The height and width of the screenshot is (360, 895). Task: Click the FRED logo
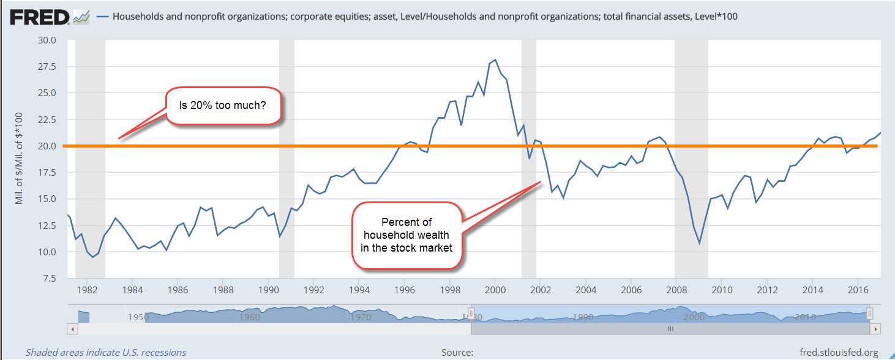(x=39, y=17)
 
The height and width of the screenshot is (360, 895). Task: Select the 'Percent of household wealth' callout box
(x=407, y=235)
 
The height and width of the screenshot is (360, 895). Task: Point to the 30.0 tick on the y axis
(x=47, y=40)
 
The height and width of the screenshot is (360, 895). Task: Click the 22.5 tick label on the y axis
(x=47, y=120)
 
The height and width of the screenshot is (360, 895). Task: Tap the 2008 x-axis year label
(x=676, y=290)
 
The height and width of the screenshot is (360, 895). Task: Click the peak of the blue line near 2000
(x=495, y=59)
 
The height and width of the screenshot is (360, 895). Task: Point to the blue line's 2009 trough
(x=699, y=243)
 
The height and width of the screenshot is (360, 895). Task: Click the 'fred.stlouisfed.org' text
(x=839, y=353)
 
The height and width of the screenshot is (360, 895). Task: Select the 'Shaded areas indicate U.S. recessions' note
(x=106, y=353)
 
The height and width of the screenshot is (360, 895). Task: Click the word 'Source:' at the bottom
(x=457, y=353)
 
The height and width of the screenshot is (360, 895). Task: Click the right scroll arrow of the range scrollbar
(x=876, y=329)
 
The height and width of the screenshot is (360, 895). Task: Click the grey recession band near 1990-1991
(x=286, y=159)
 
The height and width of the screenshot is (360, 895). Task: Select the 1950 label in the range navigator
(x=137, y=317)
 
